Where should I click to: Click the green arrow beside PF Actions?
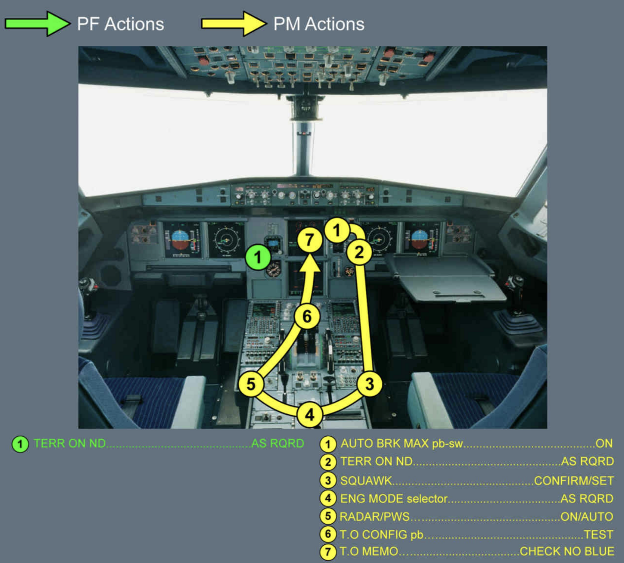(x=37, y=23)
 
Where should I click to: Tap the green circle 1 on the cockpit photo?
(x=257, y=257)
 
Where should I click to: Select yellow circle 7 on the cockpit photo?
(x=309, y=240)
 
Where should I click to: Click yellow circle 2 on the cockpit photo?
(x=359, y=253)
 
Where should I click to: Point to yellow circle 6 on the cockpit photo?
(x=307, y=317)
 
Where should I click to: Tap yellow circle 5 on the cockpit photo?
(x=251, y=384)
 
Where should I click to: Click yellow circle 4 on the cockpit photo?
(x=309, y=414)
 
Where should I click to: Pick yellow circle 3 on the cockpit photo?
(x=370, y=384)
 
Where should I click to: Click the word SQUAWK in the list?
(x=366, y=480)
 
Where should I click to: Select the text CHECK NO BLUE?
(x=566, y=551)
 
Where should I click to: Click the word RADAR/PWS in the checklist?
(x=374, y=517)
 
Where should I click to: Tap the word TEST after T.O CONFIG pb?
(x=598, y=534)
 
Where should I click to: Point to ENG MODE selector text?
(x=393, y=498)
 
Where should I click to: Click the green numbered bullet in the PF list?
(x=20, y=444)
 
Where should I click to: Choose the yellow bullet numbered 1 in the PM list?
(x=328, y=444)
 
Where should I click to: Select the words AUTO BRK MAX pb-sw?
(x=401, y=444)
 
